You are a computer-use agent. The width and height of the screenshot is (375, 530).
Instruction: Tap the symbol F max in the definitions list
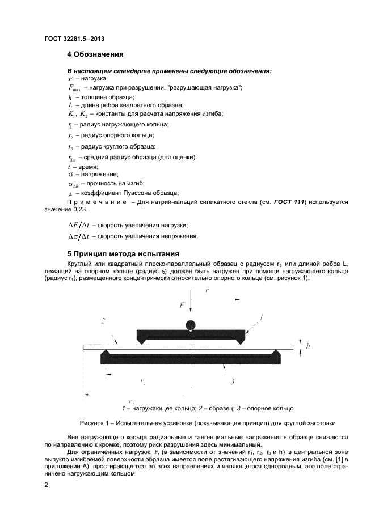pos(74,88)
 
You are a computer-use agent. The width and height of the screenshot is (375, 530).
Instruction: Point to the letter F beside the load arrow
pos(182,305)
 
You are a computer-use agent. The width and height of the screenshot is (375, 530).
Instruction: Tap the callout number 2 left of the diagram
pos(103,321)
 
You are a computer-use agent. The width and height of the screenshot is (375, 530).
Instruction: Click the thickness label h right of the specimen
pos(307,345)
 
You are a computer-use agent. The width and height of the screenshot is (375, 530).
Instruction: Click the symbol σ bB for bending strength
pos(73,184)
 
